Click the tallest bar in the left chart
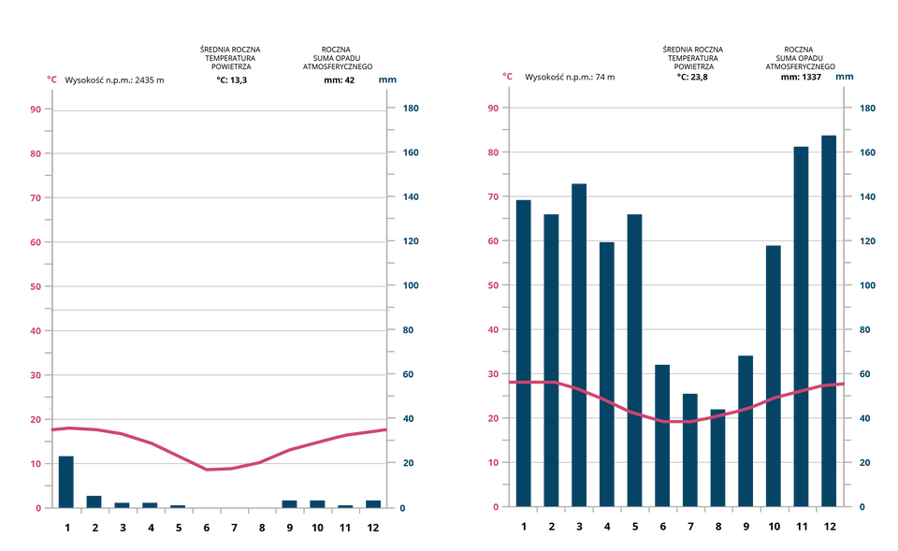[65, 480]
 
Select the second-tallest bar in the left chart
[94, 500]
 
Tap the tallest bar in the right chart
[829, 318]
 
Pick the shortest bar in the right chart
[717, 457]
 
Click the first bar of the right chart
[523, 351]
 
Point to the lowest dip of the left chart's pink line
[208, 469]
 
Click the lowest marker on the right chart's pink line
[676, 422]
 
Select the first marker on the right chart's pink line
[513, 382]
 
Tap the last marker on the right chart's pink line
[840, 384]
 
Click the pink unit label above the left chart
[52, 79]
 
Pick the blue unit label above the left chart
[387, 80]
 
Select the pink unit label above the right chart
[507, 75]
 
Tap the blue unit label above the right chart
[844, 77]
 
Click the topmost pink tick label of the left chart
[36, 109]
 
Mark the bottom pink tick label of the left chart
[38, 507]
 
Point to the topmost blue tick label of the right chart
[867, 108]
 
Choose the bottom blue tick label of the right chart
[862, 506]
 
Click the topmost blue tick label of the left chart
[411, 108]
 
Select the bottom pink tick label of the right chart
[496, 506]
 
